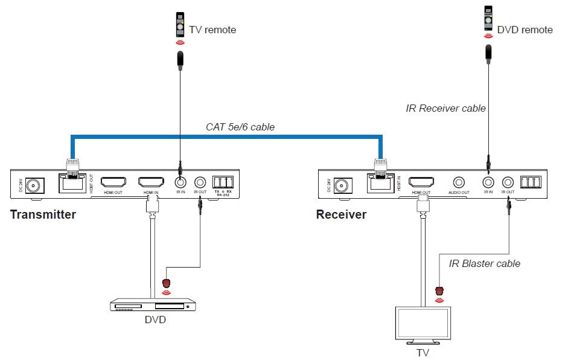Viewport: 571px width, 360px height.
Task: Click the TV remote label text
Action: [x=212, y=30]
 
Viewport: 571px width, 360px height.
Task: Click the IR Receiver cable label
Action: [x=445, y=109]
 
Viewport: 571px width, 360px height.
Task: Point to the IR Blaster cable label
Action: [x=484, y=263]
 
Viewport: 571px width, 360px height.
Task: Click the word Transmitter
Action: [x=43, y=214]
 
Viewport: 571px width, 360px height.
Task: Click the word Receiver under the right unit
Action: [x=341, y=214]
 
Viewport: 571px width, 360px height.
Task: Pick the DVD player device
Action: [x=153, y=306]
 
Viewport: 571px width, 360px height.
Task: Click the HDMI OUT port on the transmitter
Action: [x=113, y=182]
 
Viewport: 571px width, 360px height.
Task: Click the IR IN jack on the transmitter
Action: [x=180, y=182]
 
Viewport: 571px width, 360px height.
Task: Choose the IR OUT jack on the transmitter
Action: [x=200, y=182]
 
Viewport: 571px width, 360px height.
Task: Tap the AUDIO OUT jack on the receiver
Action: [x=459, y=182]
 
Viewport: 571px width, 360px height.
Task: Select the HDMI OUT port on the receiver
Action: [x=421, y=182]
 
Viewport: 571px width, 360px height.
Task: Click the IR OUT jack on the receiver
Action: [x=508, y=182]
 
